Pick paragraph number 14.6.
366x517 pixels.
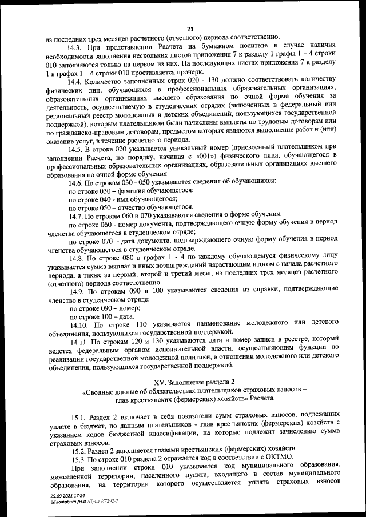coord(77,183)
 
